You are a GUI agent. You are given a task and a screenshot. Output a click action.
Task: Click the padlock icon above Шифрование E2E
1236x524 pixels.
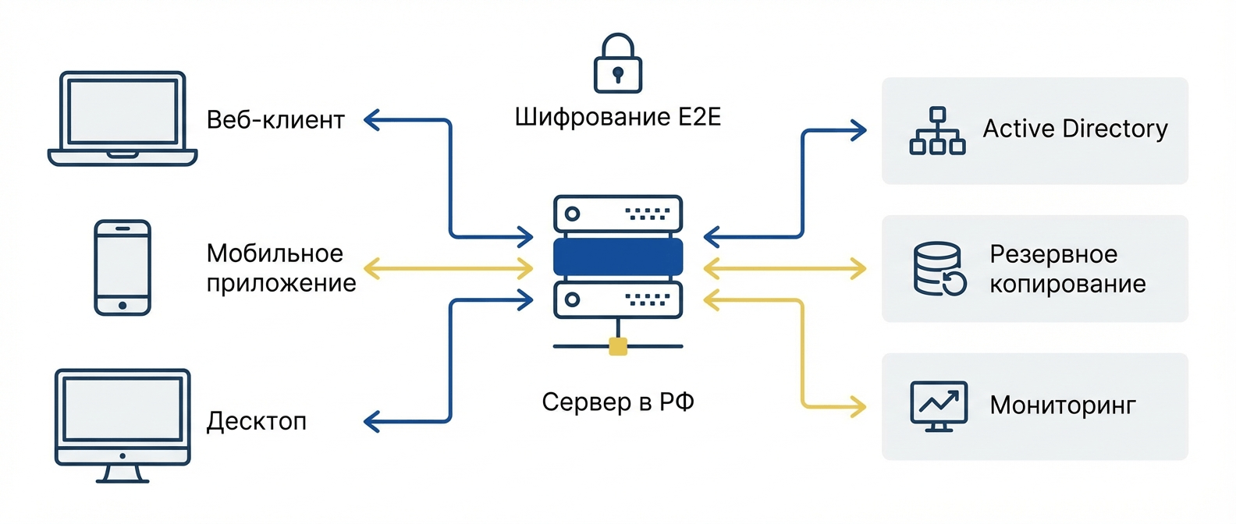618,64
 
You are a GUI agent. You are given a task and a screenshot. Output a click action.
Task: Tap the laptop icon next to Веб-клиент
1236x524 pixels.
123,119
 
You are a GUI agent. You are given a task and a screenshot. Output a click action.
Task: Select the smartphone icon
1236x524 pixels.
123,267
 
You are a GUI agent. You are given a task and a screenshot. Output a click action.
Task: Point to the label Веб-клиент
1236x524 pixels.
275,120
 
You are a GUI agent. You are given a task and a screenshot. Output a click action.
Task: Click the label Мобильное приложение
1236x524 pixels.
281,268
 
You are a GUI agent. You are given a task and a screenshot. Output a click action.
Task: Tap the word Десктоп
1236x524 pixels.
257,422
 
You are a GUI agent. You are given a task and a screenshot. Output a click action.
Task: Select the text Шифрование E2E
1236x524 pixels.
618,118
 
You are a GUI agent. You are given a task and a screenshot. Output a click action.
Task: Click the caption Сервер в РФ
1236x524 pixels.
618,402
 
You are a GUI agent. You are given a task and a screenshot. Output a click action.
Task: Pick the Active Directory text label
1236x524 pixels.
1074,129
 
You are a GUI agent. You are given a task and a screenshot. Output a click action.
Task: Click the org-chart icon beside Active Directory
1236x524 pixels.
937,131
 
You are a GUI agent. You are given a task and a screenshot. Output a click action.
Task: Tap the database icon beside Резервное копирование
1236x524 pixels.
939,269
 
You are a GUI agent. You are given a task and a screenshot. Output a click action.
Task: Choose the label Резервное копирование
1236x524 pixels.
1067,269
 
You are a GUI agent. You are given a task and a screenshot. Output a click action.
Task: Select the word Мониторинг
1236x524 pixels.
1062,405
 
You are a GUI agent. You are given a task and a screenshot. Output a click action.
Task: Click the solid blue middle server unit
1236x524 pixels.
618,257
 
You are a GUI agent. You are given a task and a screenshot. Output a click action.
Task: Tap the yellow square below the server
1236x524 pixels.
618,346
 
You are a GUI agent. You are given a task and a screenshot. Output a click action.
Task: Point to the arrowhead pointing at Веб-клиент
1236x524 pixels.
371,120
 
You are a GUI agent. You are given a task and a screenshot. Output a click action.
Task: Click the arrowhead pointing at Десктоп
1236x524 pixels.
371,422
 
